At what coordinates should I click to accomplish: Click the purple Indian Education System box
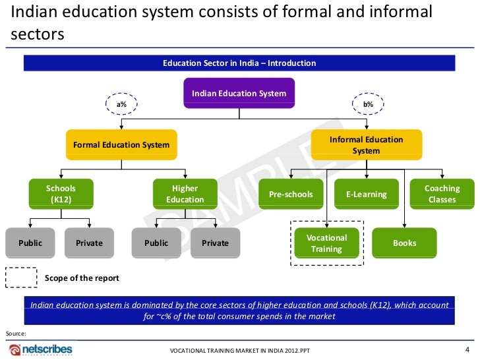click(239, 93)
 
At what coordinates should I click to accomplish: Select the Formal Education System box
click(121, 145)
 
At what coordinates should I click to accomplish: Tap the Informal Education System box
click(366, 145)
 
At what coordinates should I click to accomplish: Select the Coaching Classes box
click(442, 194)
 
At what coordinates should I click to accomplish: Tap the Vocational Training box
click(327, 243)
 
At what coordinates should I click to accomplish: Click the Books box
click(404, 243)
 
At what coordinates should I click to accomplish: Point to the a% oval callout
click(122, 104)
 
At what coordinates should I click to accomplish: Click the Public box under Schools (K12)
click(30, 243)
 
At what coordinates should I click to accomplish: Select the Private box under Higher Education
click(215, 243)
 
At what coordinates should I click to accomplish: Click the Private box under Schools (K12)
click(89, 243)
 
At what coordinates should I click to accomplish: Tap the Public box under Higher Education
click(156, 243)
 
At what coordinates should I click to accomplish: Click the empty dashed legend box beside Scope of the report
click(21, 278)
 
